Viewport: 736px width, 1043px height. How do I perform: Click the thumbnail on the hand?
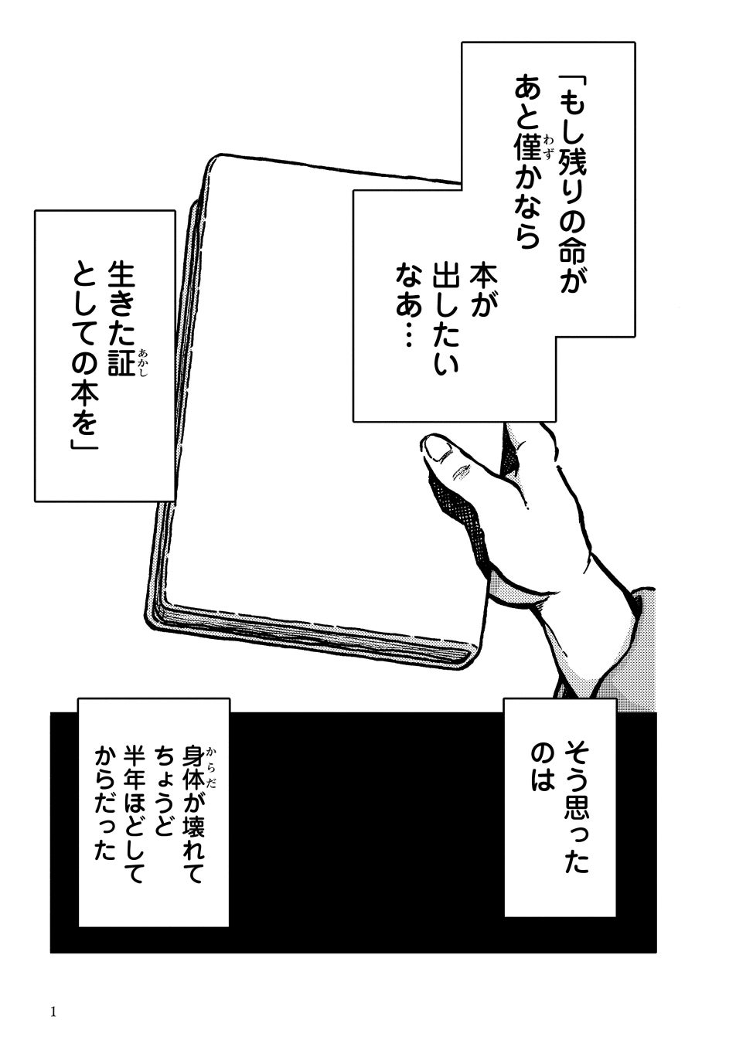tap(439, 448)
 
